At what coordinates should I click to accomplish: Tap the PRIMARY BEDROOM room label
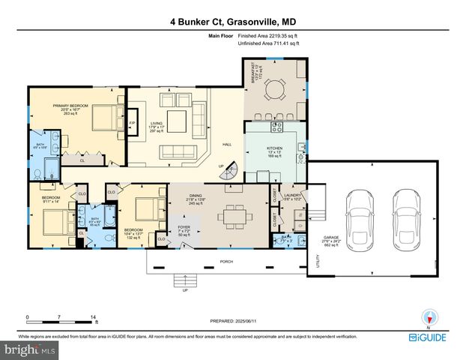click(x=70, y=106)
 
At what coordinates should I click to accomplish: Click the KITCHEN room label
click(x=275, y=148)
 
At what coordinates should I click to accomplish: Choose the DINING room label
click(x=196, y=196)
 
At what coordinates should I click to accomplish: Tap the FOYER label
click(x=184, y=227)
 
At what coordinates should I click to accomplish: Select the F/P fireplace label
click(x=133, y=123)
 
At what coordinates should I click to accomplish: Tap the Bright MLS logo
click(x=30, y=349)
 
